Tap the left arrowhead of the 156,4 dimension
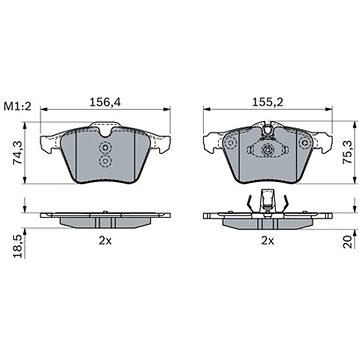coord(46,111)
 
